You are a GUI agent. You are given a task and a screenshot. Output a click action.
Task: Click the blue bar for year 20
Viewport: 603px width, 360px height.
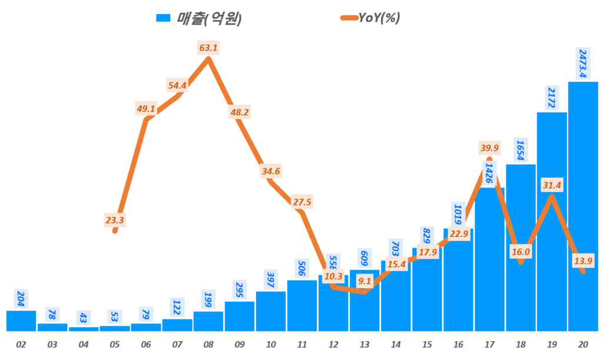pos(583,206)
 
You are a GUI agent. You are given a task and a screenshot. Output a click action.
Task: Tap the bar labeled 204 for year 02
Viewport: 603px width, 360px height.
pos(21,321)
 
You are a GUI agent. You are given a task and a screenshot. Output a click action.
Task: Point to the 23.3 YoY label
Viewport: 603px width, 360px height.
pos(115,220)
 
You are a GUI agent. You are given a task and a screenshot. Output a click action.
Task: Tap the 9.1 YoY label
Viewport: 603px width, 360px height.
pos(365,281)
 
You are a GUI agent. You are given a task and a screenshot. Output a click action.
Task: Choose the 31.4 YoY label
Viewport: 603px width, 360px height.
pos(551,186)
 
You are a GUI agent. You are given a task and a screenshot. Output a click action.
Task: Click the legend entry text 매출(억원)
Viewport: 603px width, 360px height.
pos(209,18)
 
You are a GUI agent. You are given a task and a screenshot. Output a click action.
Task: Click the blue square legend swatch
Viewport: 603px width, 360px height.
pos(163,18)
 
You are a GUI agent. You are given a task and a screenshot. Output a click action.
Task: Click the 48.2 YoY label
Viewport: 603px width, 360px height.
pos(240,111)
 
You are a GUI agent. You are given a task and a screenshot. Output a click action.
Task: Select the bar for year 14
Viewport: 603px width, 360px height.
pos(396,295)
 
